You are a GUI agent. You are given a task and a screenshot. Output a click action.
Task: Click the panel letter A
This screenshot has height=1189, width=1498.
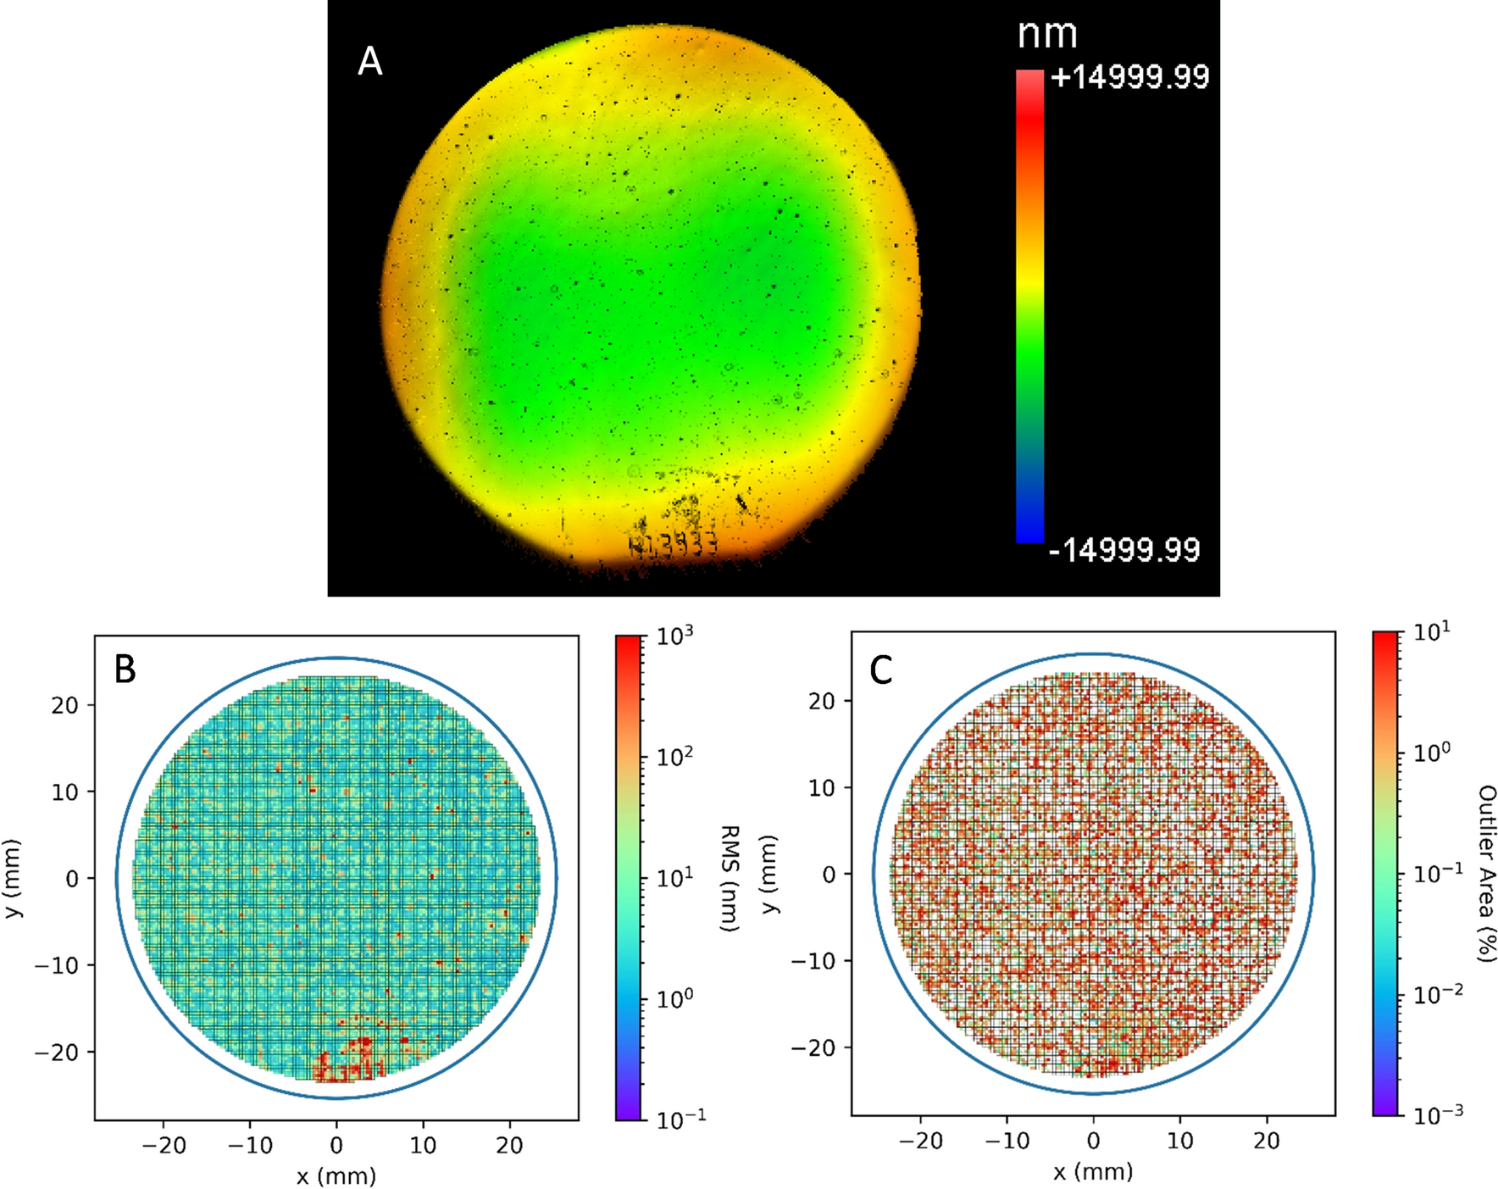click(370, 62)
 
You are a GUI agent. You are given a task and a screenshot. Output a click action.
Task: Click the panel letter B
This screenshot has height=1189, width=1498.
click(125, 670)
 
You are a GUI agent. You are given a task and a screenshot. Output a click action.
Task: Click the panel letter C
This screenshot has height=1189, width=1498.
click(881, 670)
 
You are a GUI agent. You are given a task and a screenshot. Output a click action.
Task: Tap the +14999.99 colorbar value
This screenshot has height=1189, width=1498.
click(1129, 77)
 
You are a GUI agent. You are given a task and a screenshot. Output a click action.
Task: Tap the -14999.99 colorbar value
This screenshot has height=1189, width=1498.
click(1124, 550)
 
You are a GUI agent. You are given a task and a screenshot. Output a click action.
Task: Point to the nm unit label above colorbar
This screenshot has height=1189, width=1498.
click(1047, 34)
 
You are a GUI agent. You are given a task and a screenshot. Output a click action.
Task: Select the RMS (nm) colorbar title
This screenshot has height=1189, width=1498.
click(730, 878)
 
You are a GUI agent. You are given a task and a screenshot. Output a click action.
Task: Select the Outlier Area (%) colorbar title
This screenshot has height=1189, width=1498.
click(1486, 873)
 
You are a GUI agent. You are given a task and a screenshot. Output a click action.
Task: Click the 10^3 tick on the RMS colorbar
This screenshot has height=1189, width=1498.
click(675, 636)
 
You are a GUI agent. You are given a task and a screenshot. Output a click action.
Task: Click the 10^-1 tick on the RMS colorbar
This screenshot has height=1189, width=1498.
click(680, 1120)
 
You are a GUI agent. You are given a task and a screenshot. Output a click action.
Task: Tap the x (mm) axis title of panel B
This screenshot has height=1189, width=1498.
click(336, 1176)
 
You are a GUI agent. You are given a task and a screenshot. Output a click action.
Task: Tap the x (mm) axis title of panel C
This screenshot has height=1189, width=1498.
click(1093, 1172)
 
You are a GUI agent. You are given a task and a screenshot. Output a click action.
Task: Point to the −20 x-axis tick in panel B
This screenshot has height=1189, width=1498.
click(164, 1146)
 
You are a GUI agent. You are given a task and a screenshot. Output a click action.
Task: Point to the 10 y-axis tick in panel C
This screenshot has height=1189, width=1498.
click(822, 787)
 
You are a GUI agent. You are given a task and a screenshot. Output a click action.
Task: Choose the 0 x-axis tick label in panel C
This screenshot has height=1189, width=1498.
click(1093, 1141)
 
